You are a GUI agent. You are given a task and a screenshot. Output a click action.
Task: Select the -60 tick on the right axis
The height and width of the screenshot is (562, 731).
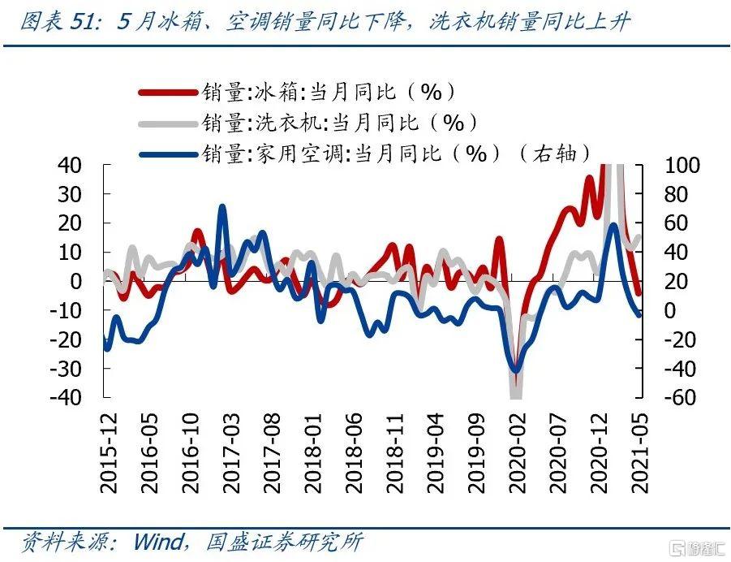coord(665,398)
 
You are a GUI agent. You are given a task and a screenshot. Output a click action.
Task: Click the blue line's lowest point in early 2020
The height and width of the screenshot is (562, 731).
coord(515,371)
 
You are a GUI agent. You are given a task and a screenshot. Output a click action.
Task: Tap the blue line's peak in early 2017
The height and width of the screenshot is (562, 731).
coord(222,208)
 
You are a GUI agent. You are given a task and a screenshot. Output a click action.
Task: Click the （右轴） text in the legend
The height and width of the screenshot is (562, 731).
coord(556,153)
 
